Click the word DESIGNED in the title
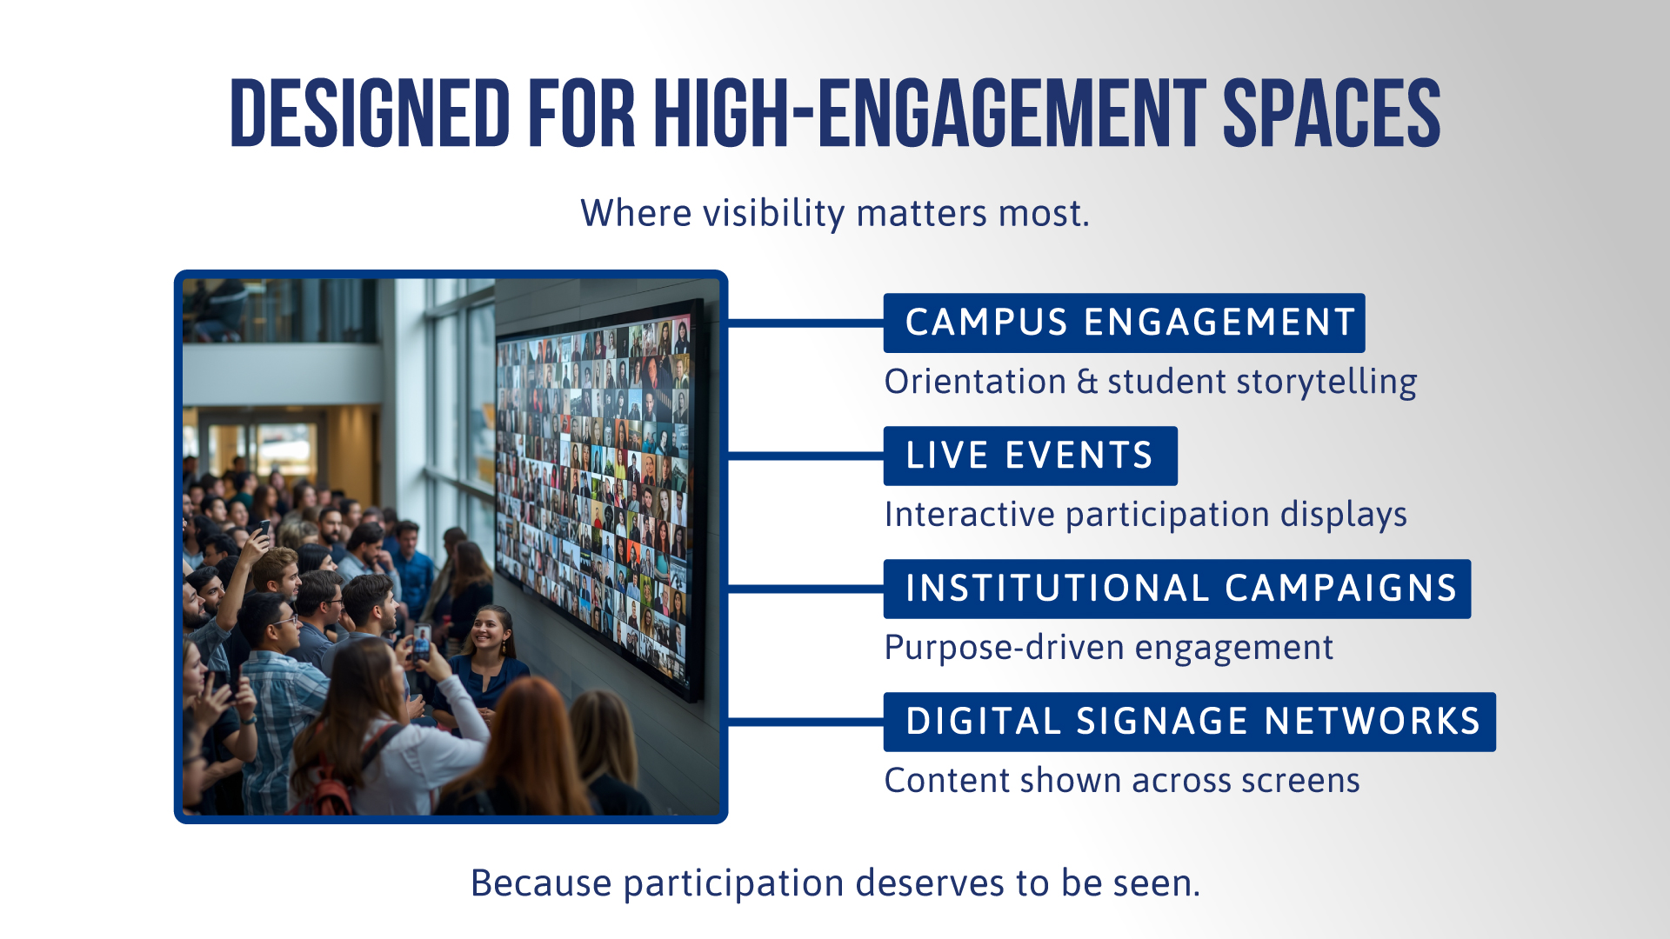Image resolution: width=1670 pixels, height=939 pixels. (370, 113)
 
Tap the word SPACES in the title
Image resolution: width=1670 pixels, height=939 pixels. (1332, 113)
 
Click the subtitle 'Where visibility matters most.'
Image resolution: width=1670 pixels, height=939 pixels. (835, 214)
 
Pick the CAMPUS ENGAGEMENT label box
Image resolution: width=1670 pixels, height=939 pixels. (1124, 323)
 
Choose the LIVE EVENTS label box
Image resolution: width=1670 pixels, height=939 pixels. (1030, 456)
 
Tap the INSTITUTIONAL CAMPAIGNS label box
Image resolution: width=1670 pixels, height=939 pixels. (1177, 589)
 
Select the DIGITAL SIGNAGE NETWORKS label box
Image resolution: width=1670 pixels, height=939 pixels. (1189, 722)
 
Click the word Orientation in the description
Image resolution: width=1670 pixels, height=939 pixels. (975, 382)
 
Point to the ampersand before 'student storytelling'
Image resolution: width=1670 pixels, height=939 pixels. (1087, 383)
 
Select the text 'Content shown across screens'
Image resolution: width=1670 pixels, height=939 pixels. (1122, 781)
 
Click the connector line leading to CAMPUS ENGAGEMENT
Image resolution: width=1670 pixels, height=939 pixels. (805, 323)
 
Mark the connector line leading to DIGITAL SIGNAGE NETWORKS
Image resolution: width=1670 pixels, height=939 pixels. (805, 722)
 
